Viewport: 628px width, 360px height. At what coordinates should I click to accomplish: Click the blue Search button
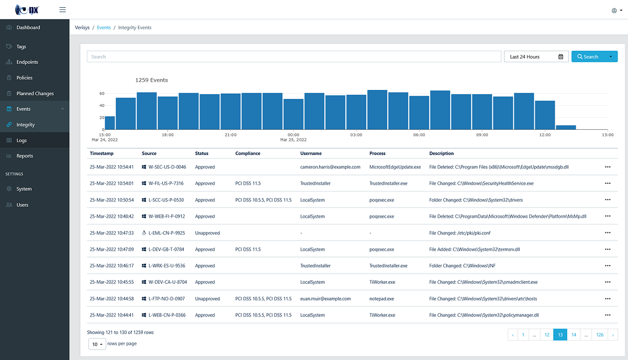coord(588,57)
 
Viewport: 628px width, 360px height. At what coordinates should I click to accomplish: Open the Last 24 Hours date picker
coord(536,57)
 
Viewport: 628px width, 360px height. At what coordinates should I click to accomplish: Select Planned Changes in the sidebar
coord(35,94)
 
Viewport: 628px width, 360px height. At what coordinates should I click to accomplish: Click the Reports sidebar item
coord(25,156)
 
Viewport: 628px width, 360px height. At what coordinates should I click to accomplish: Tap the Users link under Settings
coord(22,205)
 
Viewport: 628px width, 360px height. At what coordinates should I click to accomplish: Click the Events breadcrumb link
coord(104,28)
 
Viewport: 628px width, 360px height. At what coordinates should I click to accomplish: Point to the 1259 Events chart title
coord(151,80)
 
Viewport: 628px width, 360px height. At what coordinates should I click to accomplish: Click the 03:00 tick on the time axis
coord(356,135)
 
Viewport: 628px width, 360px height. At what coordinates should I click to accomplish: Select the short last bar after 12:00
coord(566,127)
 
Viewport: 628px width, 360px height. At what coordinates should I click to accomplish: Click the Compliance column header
coord(248,153)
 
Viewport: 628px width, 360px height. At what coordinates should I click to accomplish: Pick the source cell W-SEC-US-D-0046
coord(167,167)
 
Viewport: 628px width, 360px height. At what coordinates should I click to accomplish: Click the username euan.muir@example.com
coord(325,299)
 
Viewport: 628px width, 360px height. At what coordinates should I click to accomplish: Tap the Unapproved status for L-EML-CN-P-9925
coord(207,233)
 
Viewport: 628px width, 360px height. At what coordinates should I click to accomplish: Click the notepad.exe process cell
coord(382,299)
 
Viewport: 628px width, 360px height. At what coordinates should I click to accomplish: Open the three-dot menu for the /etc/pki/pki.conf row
coord(608,233)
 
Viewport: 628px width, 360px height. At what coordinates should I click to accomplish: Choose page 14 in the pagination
coord(574,335)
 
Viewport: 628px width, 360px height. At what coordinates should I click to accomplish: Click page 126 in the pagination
coord(600,335)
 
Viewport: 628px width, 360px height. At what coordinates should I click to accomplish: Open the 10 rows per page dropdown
coord(97,344)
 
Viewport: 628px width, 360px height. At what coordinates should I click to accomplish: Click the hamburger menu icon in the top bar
coord(63,9)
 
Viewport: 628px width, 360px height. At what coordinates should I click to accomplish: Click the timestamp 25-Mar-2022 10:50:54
coord(111,200)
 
